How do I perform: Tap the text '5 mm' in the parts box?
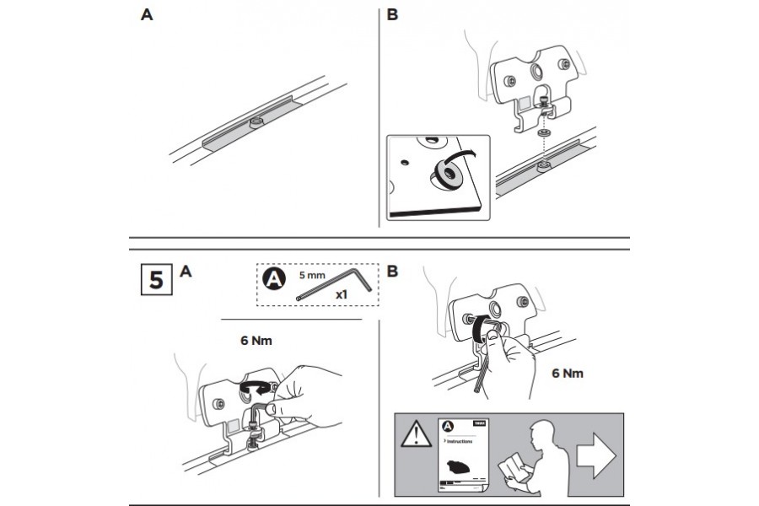312,275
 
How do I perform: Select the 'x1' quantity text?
342,294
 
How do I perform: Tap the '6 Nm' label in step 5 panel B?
566,373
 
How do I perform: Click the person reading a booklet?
527,456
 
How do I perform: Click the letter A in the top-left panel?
147,16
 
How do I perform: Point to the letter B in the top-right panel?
393,16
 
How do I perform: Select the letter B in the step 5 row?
393,272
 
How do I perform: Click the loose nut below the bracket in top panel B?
544,133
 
